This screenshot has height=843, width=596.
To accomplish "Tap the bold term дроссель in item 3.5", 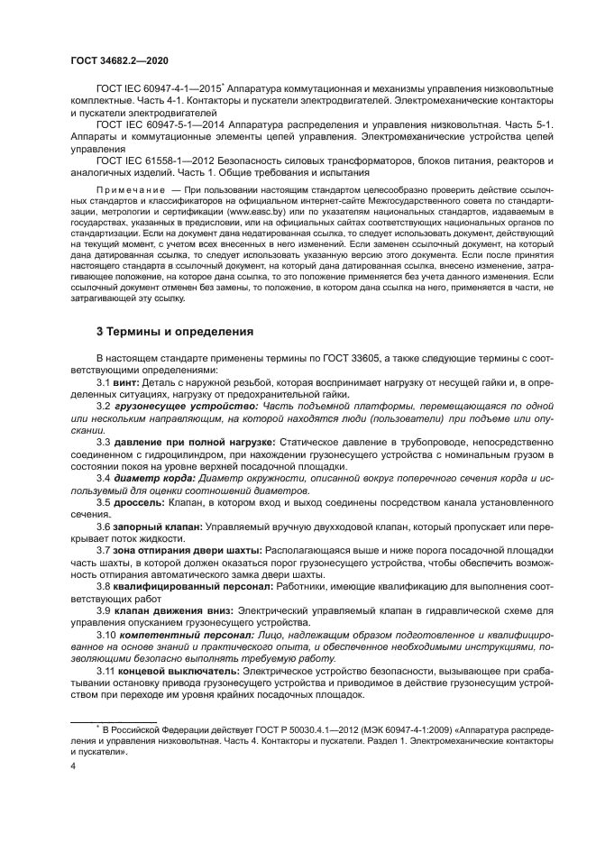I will point(142,500).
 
